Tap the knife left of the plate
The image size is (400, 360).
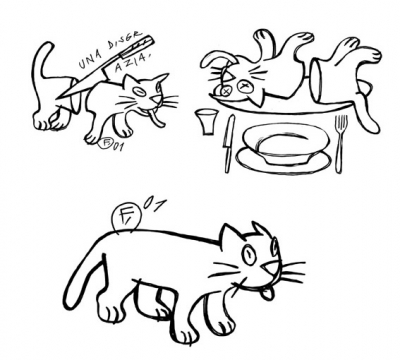230,140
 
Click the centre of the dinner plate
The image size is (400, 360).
285,142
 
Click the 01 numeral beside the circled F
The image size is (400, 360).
154,205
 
